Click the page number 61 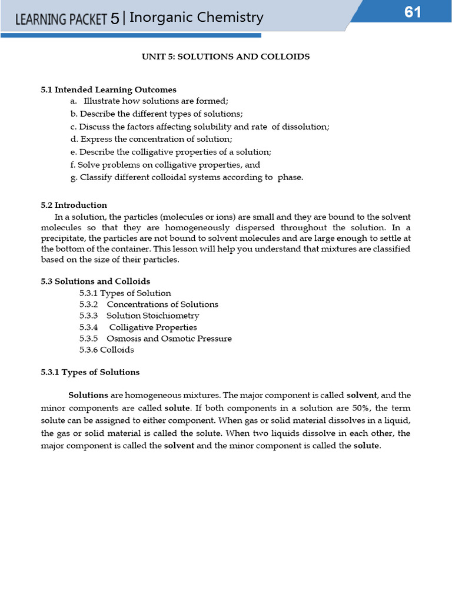pos(413,12)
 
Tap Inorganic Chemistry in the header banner pos(196,18)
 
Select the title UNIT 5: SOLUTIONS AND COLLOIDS pos(225,57)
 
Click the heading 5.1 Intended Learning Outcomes pos(108,90)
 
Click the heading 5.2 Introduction pos(74,205)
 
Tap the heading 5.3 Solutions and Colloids pos(95,281)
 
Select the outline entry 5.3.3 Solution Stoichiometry pos(139,316)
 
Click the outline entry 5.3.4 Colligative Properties pos(138,327)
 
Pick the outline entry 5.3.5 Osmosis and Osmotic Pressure pos(155,339)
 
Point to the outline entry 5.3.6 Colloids pos(107,350)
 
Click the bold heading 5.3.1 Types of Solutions pos(90,372)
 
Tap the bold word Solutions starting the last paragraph pos(88,395)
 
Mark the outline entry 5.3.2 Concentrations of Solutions pos(148,304)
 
